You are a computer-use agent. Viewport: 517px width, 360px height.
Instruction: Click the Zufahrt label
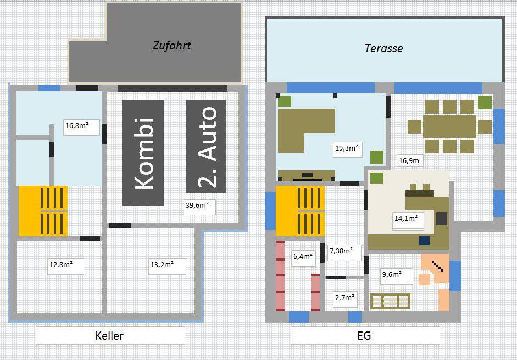click(171, 46)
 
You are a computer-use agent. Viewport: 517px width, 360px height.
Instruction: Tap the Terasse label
click(384, 48)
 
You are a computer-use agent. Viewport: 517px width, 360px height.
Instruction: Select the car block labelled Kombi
click(143, 153)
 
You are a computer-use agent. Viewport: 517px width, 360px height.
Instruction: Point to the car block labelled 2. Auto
click(205, 147)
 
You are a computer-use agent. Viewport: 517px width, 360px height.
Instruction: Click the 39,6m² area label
click(199, 207)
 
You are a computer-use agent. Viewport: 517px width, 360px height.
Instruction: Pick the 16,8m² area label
click(81, 127)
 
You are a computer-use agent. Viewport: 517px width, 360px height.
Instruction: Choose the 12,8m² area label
click(65, 266)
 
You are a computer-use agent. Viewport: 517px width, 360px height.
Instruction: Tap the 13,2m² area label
click(167, 266)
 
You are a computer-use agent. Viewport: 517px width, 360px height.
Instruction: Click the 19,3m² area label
click(348, 149)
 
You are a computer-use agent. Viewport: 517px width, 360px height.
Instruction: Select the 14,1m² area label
click(408, 221)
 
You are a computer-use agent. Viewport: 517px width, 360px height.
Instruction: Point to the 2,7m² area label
click(345, 299)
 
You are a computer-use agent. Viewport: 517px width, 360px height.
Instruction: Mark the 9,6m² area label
click(397, 276)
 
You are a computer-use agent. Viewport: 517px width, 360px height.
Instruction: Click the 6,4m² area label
click(304, 258)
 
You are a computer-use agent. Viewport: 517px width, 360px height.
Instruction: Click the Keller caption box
click(110, 336)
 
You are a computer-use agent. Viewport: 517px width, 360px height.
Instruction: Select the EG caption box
click(365, 336)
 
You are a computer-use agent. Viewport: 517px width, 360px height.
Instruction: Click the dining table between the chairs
click(450, 127)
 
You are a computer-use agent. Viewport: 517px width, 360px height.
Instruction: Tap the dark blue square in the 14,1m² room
click(424, 240)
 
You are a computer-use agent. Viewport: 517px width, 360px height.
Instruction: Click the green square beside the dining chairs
click(485, 102)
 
